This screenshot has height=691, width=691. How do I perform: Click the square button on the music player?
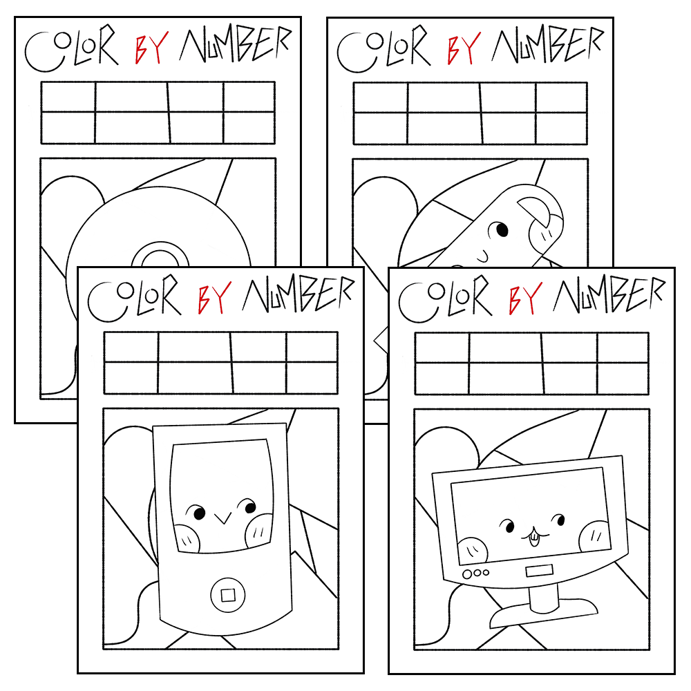click(x=227, y=596)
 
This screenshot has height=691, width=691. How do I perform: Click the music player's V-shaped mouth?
click(x=223, y=518)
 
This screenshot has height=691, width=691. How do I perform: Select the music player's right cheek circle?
click(x=259, y=531)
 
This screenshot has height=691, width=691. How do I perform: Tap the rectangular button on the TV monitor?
click(x=539, y=571)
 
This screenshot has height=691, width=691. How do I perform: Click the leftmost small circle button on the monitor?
click(x=467, y=575)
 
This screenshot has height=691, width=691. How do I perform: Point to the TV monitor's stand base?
click(x=544, y=613)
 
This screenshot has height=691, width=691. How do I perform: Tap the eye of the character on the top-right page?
click(x=502, y=229)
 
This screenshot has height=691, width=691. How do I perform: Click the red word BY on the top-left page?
click(x=151, y=48)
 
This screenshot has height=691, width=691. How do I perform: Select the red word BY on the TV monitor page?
click(x=525, y=298)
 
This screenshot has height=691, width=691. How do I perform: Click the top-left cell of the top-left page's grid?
click(x=68, y=97)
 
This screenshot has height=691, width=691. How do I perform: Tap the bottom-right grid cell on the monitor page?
click(x=623, y=378)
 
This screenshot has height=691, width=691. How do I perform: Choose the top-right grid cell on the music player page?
click(x=312, y=348)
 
